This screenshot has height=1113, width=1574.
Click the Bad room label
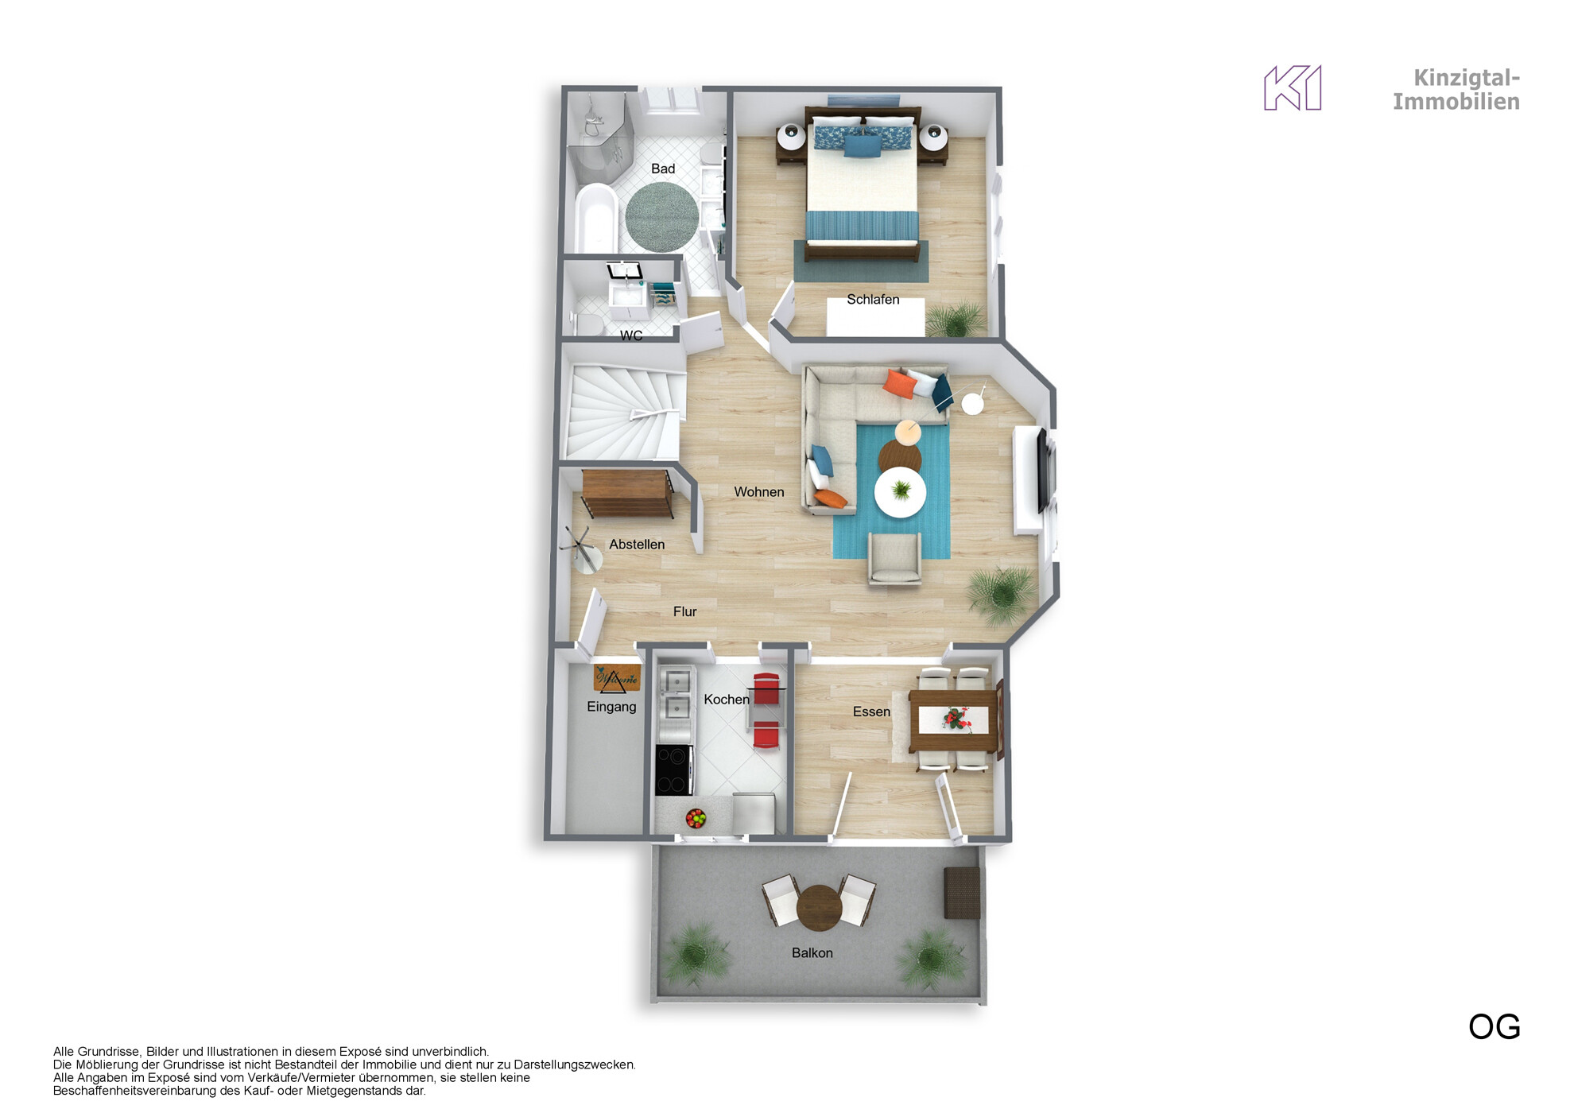click(663, 169)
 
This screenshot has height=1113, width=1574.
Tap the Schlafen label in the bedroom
click(873, 300)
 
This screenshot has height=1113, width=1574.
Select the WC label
click(631, 335)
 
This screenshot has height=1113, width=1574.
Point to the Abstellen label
click(637, 545)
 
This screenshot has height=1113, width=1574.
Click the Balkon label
click(812, 953)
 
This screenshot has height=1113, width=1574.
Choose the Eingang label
click(611, 707)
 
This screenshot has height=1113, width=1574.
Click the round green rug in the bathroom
click(662, 217)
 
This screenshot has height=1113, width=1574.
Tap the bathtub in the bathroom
click(596, 219)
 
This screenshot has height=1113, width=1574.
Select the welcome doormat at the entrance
click(617, 678)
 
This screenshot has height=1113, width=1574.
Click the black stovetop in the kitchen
click(673, 770)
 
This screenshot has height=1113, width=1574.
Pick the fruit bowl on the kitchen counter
click(696, 817)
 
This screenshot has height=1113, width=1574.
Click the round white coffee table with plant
click(900, 492)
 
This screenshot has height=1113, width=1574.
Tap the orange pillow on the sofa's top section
click(899, 383)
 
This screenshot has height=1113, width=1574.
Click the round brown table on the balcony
click(819, 908)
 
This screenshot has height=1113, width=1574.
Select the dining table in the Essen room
click(953, 720)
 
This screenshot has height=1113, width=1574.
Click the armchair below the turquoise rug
click(895, 558)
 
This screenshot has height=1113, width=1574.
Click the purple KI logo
click(1293, 87)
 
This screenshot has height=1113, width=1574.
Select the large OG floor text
click(1495, 1027)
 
